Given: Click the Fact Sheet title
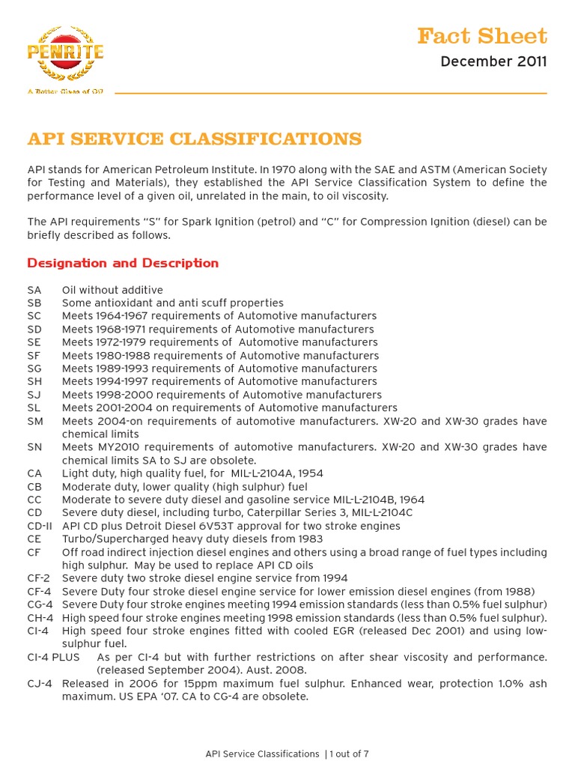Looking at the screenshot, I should click(x=481, y=35).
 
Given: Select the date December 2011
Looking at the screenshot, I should click(x=493, y=61).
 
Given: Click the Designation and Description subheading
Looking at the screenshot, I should click(x=123, y=263).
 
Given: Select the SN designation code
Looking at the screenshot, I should click(x=34, y=447).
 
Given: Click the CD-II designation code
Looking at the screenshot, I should click(x=39, y=526).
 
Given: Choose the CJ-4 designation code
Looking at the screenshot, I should click(x=38, y=683).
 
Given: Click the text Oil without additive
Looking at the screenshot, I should click(x=112, y=290).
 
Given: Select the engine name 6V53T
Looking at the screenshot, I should click(x=250, y=526).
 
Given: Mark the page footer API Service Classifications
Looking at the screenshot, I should click(x=262, y=754).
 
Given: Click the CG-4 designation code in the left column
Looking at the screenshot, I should click(x=39, y=604).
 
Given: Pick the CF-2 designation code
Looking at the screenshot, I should click(x=38, y=578).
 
